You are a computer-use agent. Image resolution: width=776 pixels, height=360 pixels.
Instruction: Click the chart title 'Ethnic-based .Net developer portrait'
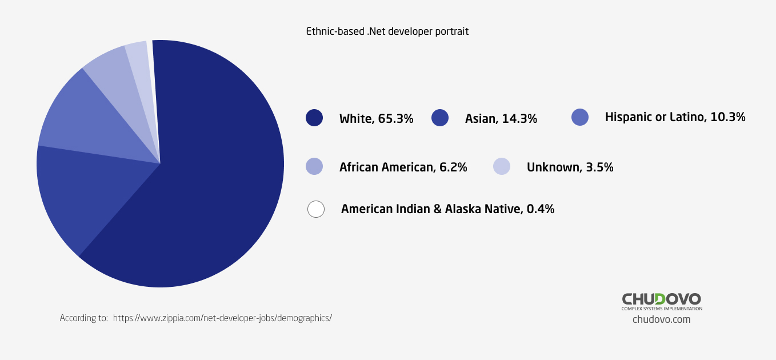click(x=387, y=31)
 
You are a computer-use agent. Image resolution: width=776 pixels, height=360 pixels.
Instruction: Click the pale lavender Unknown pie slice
click(x=140, y=63)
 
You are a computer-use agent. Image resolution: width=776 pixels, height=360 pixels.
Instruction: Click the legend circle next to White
click(x=314, y=118)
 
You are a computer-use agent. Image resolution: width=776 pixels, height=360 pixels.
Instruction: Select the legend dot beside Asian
click(x=440, y=118)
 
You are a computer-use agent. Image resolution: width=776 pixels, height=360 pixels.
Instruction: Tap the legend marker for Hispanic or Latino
click(x=580, y=117)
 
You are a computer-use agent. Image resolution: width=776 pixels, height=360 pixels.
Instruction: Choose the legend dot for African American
click(x=314, y=166)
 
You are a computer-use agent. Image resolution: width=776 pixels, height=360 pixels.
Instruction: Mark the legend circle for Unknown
click(x=501, y=166)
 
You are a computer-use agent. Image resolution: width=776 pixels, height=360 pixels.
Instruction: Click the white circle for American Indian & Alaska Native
click(x=316, y=209)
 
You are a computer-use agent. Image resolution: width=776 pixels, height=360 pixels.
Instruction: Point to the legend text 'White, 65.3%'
click(x=376, y=119)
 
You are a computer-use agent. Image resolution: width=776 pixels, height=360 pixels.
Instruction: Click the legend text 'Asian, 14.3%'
click(x=501, y=119)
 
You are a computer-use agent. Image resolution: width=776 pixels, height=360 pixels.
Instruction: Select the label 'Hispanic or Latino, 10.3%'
click(x=675, y=117)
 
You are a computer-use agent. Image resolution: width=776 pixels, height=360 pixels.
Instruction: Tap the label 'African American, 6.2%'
click(x=403, y=167)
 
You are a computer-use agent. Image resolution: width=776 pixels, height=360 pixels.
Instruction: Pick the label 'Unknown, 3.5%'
click(x=570, y=167)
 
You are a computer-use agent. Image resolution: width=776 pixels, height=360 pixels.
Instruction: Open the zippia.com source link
click(x=222, y=318)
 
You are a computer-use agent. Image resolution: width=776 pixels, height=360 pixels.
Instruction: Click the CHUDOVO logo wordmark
click(x=661, y=298)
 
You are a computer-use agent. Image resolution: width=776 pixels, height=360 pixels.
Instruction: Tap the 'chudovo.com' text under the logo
click(x=661, y=319)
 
